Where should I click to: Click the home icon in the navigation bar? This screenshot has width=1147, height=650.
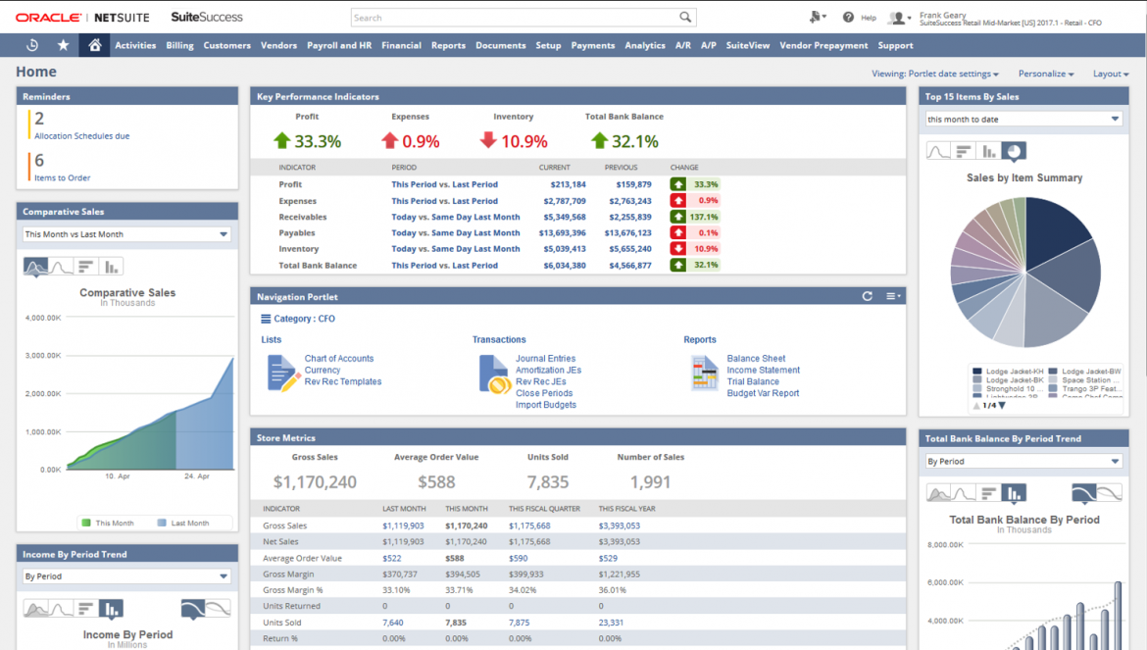tap(94, 45)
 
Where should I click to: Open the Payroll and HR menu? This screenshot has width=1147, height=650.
tap(339, 45)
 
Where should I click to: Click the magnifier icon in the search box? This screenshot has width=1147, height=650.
tap(685, 18)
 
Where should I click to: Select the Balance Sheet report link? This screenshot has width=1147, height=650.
tap(756, 359)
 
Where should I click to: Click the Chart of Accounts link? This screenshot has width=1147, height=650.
tap(338, 359)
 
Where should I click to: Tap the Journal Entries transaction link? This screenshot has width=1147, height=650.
tap(545, 359)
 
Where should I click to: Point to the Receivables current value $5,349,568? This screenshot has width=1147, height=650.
tap(563, 218)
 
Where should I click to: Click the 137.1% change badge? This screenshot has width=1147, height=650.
tap(695, 218)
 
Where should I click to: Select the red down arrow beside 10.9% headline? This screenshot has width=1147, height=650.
tap(489, 141)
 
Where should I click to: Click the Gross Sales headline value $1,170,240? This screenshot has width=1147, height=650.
tap(315, 482)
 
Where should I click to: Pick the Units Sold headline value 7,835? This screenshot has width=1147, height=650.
tap(547, 482)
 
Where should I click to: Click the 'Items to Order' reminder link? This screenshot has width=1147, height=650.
tap(62, 177)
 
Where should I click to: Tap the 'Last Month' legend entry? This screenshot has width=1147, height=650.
tap(189, 524)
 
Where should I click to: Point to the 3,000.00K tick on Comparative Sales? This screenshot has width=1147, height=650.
tap(42, 356)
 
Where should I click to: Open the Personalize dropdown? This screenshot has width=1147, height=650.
tap(1045, 74)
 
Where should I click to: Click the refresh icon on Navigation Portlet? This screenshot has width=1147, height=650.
tap(867, 296)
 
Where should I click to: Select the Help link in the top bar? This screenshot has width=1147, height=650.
tap(868, 18)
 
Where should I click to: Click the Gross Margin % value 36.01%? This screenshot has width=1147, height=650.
tap(613, 590)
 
